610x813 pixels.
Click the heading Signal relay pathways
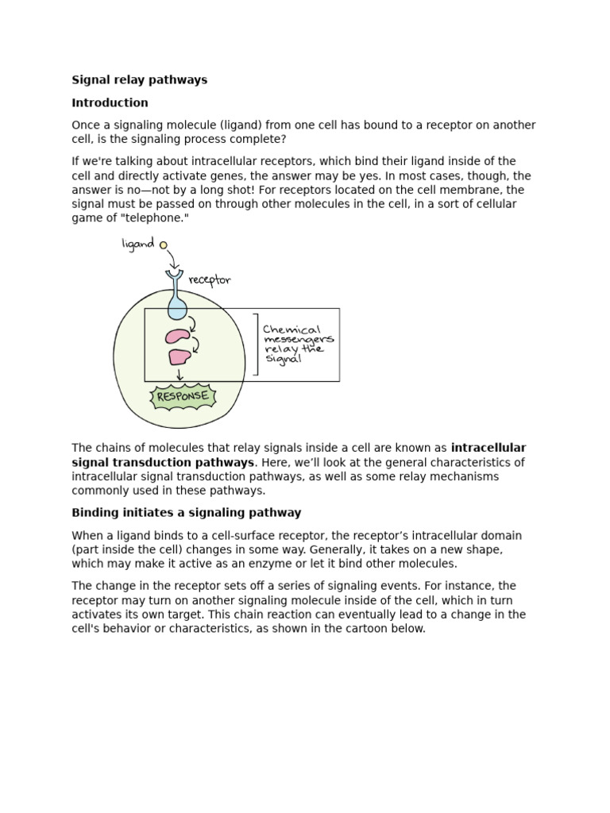tap(139, 79)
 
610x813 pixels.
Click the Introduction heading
tap(110, 102)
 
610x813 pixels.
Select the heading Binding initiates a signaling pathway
tap(187, 513)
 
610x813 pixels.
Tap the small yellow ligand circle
tap(164, 245)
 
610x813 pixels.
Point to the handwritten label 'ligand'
tap(137, 245)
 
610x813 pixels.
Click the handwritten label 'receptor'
tap(210, 279)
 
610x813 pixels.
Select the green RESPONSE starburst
tap(183, 396)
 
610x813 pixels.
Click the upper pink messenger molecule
tap(178, 336)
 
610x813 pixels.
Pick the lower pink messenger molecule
tap(180, 357)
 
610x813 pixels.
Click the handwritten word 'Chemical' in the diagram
tap(292, 329)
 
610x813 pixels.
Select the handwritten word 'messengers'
tap(298, 340)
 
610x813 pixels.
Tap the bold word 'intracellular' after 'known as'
tap(488, 448)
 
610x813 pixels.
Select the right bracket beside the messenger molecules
tap(256, 344)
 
